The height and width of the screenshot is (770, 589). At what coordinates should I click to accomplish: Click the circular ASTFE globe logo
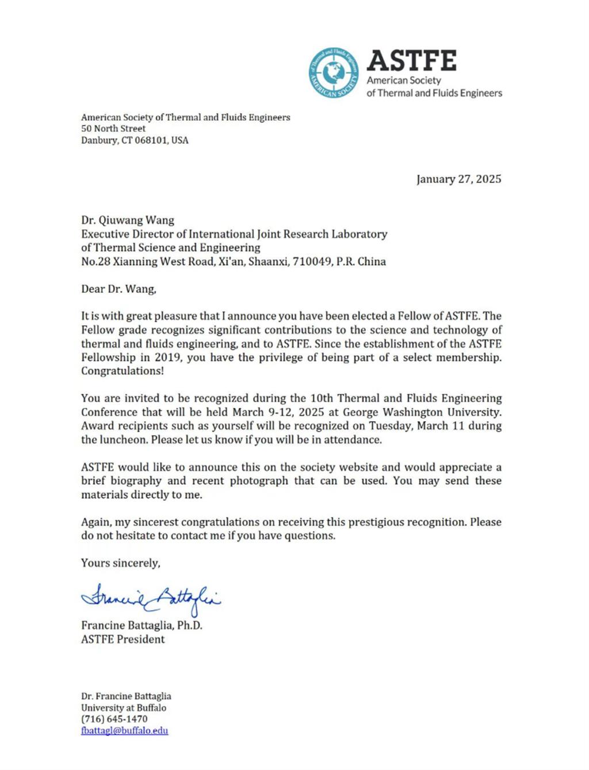[333, 73]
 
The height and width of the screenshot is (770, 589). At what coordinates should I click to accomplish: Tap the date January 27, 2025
[458, 179]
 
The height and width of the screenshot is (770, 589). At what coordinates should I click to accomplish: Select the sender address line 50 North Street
[113, 129]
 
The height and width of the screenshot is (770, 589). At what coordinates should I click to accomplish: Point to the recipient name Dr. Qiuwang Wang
[128, 220]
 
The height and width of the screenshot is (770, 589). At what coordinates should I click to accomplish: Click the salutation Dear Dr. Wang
[118, 289]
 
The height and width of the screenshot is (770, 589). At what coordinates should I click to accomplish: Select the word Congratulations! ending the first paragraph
[123, 371]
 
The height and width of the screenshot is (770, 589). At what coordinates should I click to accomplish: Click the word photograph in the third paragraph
[259, 481]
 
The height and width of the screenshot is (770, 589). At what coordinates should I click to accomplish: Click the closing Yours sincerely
[121, 563]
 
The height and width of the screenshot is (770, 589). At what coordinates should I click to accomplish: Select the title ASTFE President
[123, 639]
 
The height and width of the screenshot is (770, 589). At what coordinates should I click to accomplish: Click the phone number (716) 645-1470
[114, 719]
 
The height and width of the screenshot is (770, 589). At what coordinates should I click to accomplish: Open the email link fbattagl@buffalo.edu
[125, 731]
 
